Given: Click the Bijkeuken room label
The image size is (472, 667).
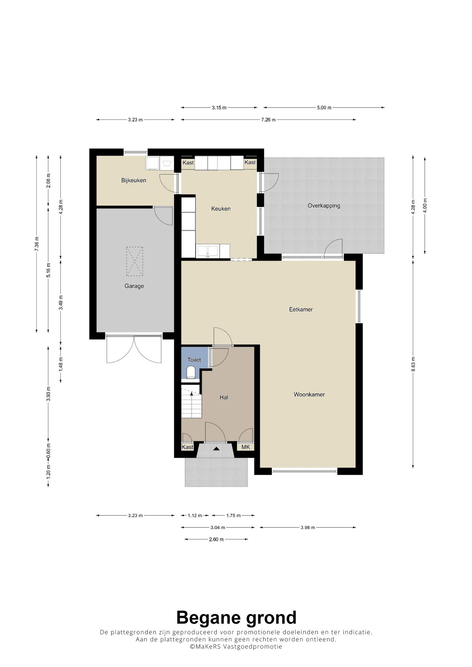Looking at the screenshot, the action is click(x=133, y=180).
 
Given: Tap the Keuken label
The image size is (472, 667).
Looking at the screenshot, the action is click(x=221, y=209).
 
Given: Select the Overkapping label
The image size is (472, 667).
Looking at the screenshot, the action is click(x=324, y=206).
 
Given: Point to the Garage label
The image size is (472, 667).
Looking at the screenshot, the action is click(x=134, y=286).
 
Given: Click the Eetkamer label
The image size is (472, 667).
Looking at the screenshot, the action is click(x=301, y=309).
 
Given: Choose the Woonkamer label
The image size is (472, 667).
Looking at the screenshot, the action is click(x=309, y=395).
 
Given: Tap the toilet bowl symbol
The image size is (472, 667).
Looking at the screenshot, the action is click(x=190, y=372).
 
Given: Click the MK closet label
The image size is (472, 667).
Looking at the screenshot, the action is click(x=246, y=447).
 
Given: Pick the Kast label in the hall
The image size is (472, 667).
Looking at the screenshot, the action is click(x=187, y=447).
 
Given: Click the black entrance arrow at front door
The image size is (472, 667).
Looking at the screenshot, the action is click(x=216, y=449).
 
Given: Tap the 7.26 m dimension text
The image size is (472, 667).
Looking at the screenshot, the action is click(x=268, y=120).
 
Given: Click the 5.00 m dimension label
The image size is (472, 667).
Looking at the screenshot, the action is click(x=324, y=107).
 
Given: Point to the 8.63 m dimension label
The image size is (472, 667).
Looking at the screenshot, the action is click(x=413, y=364).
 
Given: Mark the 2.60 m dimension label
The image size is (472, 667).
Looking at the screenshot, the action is click(x=216, y=539).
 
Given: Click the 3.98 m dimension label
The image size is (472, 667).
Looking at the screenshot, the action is click(x=307, y=528).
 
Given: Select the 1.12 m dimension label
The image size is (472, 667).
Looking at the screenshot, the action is click(x=195, y=515).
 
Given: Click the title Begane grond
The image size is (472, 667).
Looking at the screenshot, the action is click(x=236, y=618).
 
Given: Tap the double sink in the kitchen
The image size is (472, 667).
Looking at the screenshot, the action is click(x=207, y=251).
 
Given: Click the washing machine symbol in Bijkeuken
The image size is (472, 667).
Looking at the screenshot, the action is click(x=167, y=163).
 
